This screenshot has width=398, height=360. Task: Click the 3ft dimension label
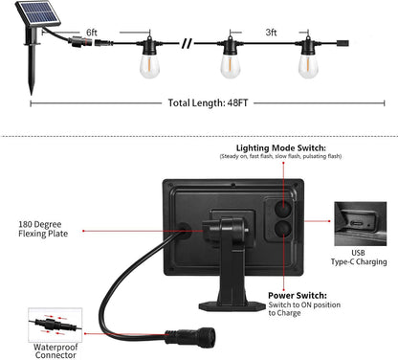pyautogui.click(x=271, y=33)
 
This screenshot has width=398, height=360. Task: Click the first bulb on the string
pyautogui.click(x=150, y=63)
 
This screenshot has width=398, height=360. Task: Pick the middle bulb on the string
pyautogui.click(x=229, y=63)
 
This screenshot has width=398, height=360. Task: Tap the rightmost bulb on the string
pyautogui.click(x=308, y=63)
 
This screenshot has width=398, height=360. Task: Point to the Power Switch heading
pyautogui.click(x=297, y=297)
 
